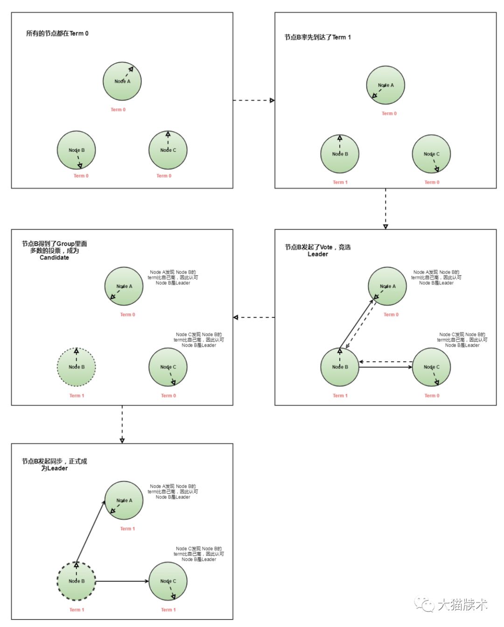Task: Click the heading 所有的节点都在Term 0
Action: (57, 34)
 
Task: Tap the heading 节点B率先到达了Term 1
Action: (317, 37)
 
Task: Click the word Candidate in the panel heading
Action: (54, 257)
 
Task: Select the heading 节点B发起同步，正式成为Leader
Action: (54, 464)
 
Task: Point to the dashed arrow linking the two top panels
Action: (253, 100)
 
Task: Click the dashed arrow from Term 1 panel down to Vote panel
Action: (385, 208)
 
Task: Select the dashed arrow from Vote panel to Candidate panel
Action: (254, 317)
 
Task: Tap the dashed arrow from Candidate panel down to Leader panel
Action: (122, 424)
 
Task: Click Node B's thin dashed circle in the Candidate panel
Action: (77, 367)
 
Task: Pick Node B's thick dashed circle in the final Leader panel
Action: (77, 581)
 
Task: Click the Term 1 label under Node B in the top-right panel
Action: (340, 182)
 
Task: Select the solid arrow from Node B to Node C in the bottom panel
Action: (122, 581)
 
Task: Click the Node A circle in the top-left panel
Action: (122, 81)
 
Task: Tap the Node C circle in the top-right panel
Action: (432, 154)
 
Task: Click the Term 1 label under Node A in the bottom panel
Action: (127, 529)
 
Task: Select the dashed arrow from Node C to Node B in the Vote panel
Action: (386, 362)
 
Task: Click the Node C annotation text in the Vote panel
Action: (462, 340)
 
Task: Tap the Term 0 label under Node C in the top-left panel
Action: (164, 176)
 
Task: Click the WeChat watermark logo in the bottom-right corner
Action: (424, 605)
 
